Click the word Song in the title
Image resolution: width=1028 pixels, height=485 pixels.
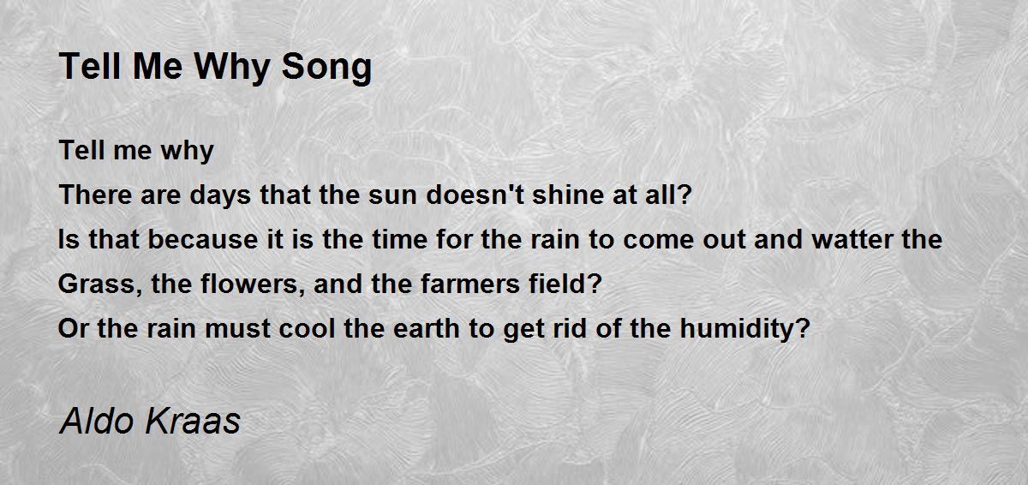(326, 68)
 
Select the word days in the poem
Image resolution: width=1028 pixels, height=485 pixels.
(220, 195)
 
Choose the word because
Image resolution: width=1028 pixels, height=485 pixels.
(203, 240)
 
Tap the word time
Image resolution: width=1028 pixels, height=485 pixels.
(400, 240)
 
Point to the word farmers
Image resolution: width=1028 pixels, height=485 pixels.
(470, 284)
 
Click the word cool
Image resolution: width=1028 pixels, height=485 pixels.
(307, 328)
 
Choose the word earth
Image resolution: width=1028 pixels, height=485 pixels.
(427, 328)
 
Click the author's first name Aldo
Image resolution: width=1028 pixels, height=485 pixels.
(97, 421)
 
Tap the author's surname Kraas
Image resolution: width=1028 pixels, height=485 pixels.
(193, 421)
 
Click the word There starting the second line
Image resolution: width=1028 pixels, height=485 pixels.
(96, 195)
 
